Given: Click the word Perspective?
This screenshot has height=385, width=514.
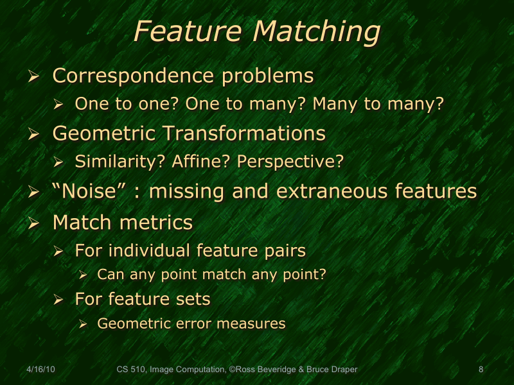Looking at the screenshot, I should tap(290, 162).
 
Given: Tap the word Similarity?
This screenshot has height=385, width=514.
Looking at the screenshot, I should tap(121, 162).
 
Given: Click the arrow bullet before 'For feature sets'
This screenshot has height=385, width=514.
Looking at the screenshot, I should tap(58, 300).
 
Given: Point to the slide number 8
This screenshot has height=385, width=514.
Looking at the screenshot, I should tap(481, 370).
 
